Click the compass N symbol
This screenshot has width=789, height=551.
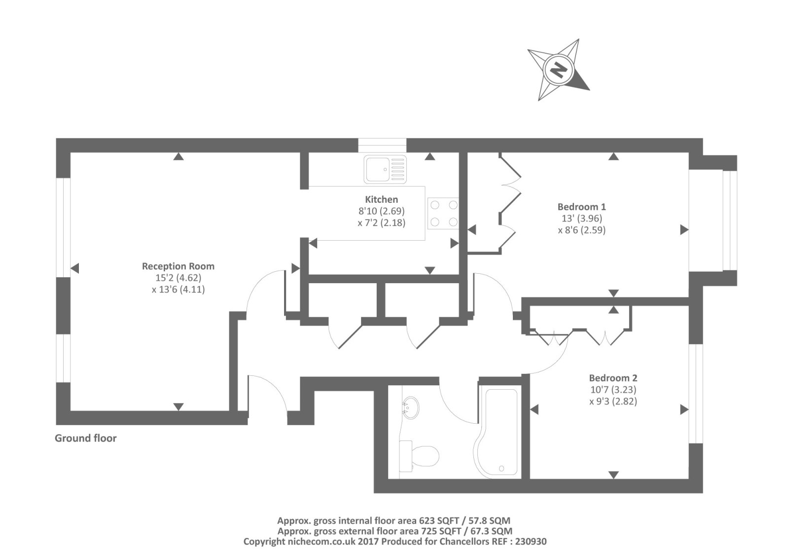click(558, 70)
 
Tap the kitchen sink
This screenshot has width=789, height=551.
click(386, 169)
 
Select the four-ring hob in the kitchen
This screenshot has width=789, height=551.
click(443, 213)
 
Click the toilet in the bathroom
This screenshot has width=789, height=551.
click(419, 456)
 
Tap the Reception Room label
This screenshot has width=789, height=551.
click(178, 266)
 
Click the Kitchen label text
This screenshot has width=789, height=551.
click(381, 199)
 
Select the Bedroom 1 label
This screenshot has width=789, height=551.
click(581, 207)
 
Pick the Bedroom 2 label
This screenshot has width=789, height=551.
click(613, 378)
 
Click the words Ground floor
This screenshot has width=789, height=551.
click(85, 438)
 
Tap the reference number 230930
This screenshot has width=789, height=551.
click(529, 541)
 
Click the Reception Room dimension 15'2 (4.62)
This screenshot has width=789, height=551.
click(178, 278)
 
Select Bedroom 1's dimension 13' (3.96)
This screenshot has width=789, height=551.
click(581, 218)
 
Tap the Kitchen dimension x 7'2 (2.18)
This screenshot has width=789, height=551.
click(381, 222)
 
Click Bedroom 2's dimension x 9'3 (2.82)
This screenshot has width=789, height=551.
click(613, 401)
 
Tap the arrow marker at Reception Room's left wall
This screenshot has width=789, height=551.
click(75, 268)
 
